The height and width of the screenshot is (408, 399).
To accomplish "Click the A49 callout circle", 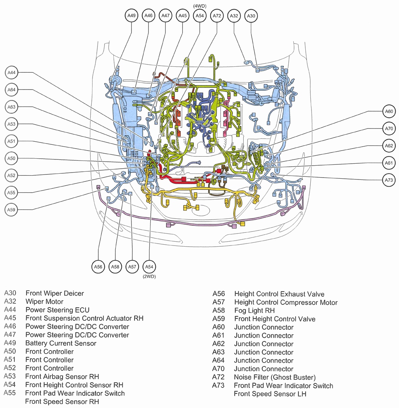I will [132, 16].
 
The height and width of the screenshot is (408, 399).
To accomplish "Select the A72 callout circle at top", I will [217, 16].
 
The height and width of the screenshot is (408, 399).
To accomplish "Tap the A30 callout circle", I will [251, 16].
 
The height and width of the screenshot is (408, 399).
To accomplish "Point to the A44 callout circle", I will [12, 73].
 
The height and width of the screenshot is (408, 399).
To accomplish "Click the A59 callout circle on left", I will [12, 210].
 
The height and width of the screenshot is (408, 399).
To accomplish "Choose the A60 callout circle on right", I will [389, 112].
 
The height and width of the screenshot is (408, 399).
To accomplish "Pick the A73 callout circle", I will [389, 180].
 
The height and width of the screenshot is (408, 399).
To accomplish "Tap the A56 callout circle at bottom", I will [98, 266].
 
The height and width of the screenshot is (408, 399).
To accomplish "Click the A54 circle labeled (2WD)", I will [149, 266].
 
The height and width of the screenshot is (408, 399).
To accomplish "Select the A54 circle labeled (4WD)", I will [199, 16].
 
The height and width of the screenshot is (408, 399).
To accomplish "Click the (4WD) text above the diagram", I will [199, 5].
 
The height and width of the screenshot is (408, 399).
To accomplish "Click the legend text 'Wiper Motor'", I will [44, 301].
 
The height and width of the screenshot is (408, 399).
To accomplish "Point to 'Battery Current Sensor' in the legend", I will [61, 343].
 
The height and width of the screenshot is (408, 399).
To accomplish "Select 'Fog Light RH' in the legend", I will [254, 310].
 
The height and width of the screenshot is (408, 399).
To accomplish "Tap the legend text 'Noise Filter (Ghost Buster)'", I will [275, 377].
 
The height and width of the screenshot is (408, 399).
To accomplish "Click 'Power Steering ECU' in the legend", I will [57, 310].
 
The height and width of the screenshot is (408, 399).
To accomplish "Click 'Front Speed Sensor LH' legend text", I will [270, 394].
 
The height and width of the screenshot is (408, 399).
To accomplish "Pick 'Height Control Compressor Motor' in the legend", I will [286, 302].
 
